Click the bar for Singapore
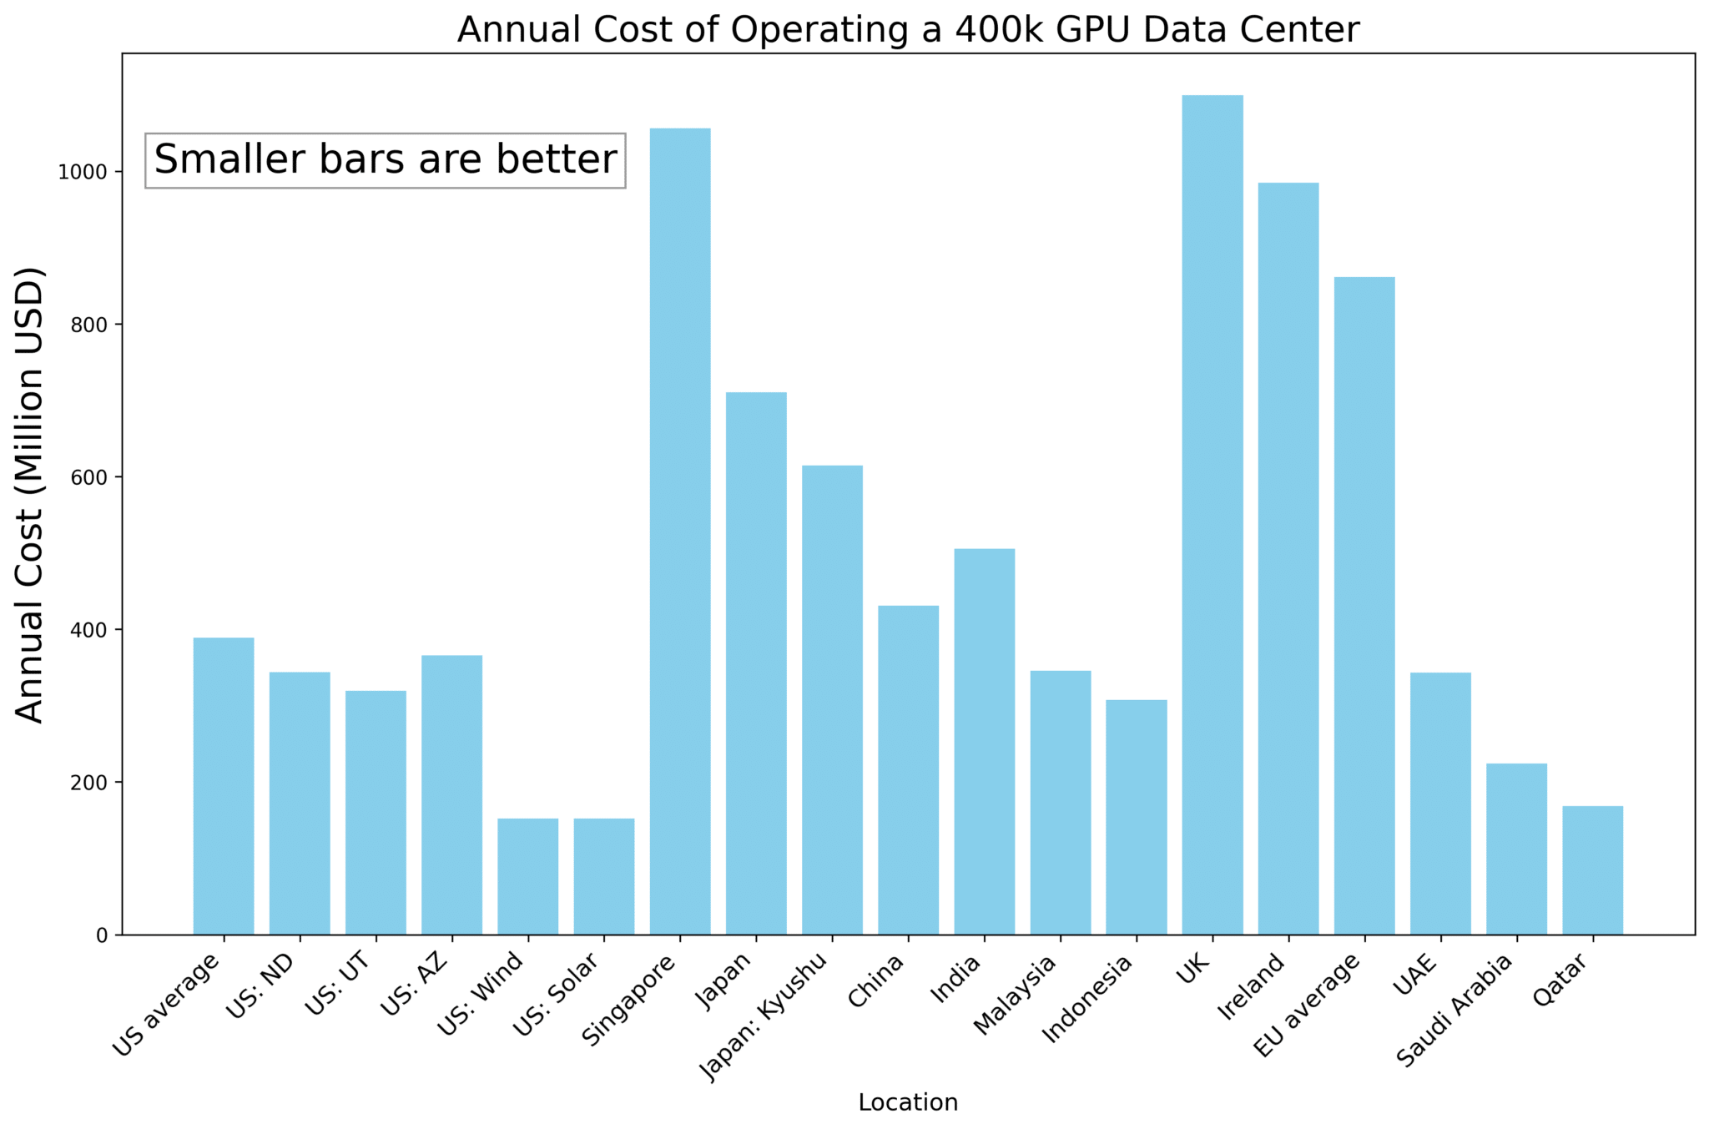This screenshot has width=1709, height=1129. click(680, 531)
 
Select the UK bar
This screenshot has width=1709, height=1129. click(1212, 514)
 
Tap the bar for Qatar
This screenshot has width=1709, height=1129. click(1592, 869)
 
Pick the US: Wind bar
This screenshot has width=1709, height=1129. click(527, 876)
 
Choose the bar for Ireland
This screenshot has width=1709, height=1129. click(1288, 558)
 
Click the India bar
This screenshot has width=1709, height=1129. click(985, 741)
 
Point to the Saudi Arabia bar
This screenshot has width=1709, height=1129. click(1516, 849)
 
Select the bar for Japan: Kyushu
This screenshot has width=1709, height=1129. click(832, 699)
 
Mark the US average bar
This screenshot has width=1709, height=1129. click(224, 785)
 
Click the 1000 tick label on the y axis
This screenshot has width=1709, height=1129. click(83, 172)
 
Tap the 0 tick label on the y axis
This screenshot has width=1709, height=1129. click(102, 935)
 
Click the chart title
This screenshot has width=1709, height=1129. click(908, 30)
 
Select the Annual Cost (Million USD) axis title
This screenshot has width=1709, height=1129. click(30, 494)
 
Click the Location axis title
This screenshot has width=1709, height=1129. click(908, 1102)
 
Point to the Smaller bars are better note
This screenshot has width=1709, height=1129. click(386, 160)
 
